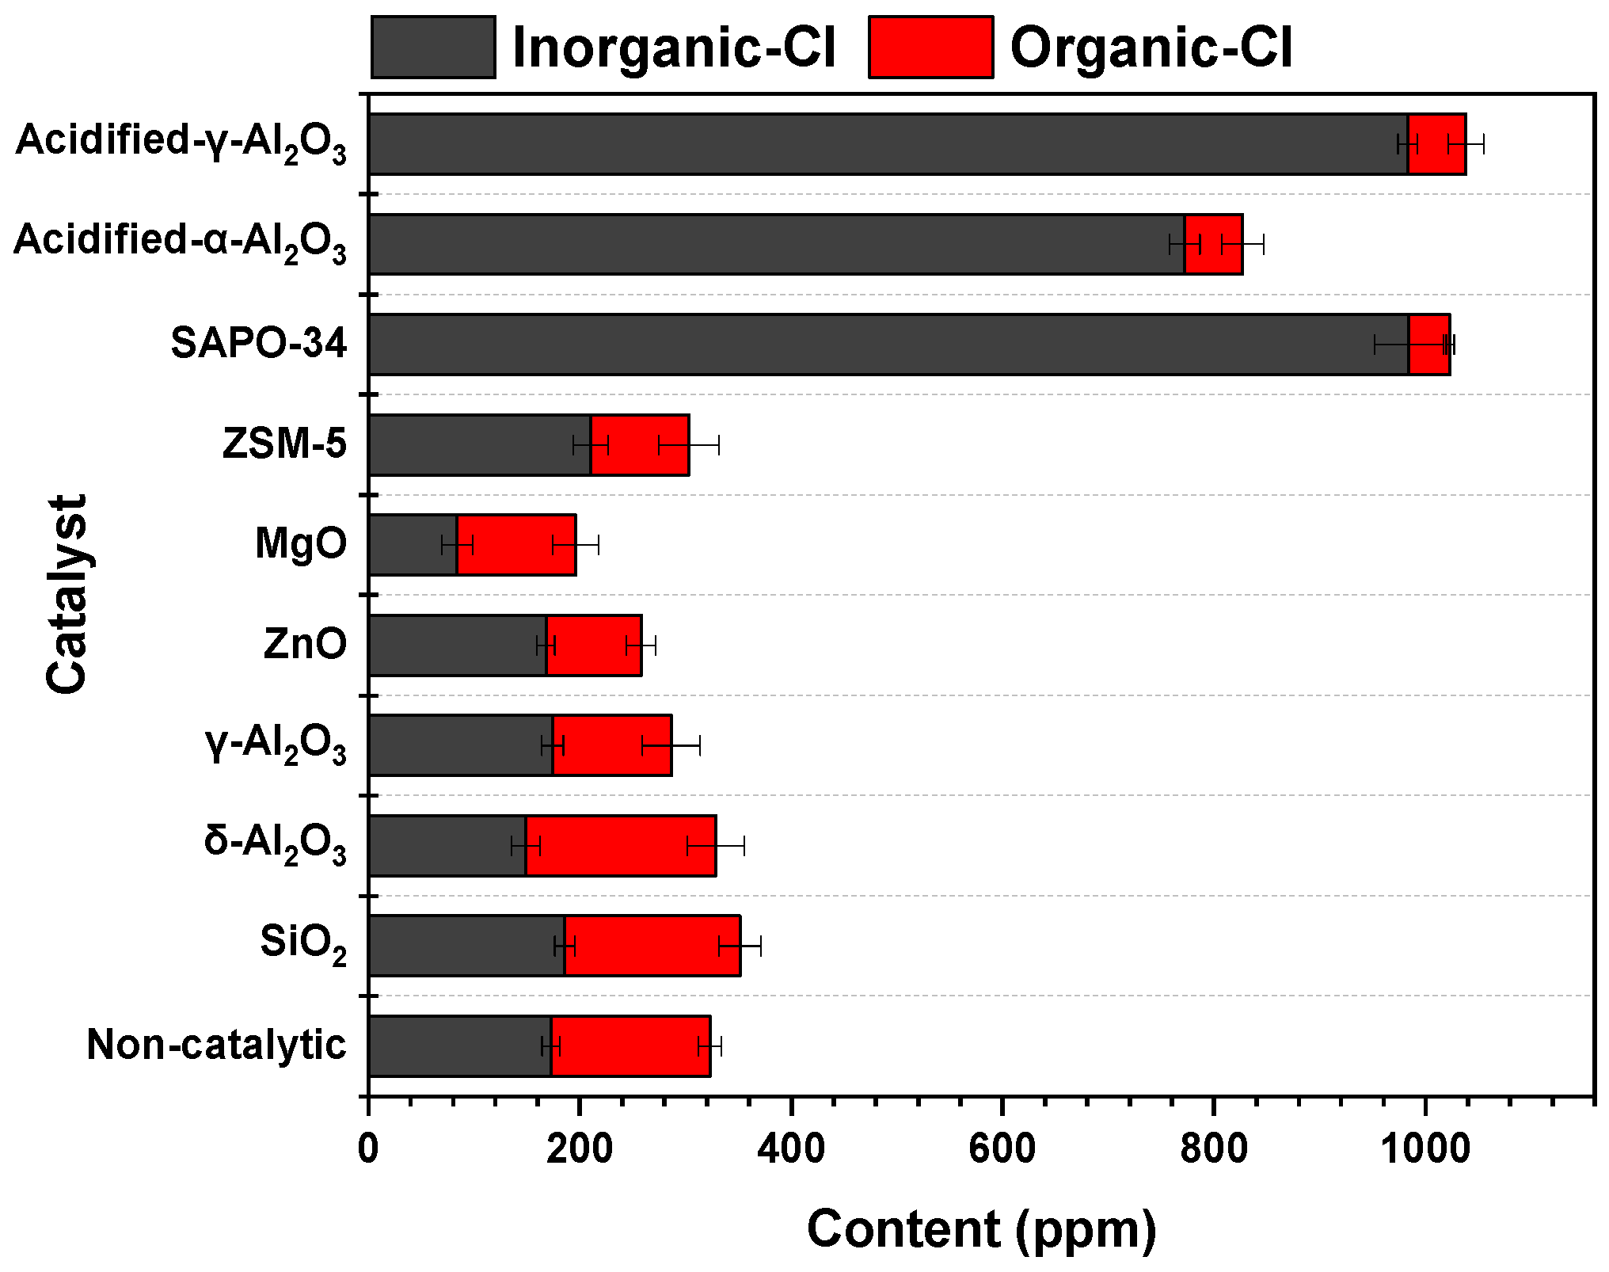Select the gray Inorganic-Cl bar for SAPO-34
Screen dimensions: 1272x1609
click(x=887, y=345)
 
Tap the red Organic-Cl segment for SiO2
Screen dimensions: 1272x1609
click(x=652, y=946)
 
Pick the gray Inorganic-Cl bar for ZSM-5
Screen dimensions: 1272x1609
click(x=479, y=445)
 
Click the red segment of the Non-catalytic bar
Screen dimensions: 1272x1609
click(x=630, y=1046)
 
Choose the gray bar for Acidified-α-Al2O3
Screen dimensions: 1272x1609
click(x=776, y=245)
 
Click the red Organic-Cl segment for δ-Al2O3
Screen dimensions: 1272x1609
click(x=621, y=846)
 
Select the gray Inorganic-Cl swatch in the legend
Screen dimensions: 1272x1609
click(x=433, y=48)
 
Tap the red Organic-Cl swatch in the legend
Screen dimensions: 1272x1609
click(x=930, y=48)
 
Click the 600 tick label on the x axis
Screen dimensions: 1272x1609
click(x=1002, y=1149)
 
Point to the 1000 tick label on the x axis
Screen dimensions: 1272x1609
click(x=1425, y=1149)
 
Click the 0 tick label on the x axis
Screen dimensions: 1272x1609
click(x=368, y=1149)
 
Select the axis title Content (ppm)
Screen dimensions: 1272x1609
click(x=981, y=1230)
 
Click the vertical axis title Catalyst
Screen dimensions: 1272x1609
click(x=67, y=594)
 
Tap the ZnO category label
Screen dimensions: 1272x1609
click(x=305, y=644)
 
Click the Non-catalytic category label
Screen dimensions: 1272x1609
click(x=216, y=1045)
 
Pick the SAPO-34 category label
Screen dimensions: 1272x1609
click(x=259, y=344)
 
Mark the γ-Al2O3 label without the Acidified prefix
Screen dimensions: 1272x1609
click(x=276, y=746)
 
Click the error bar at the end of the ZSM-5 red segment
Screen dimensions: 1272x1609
click(x=689, y=446)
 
